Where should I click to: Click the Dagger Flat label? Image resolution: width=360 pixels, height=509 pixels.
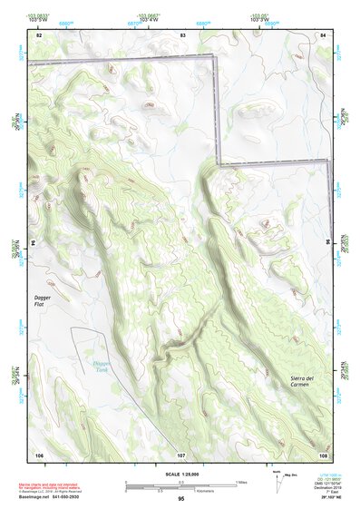coord(44,300)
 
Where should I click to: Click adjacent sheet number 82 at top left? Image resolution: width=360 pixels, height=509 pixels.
coord(39,34)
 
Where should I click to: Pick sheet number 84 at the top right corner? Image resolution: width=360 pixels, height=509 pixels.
coord(323,34)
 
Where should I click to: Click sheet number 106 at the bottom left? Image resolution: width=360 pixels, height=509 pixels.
coord(39,454)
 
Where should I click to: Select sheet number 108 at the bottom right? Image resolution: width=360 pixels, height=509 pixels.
coord(323,454)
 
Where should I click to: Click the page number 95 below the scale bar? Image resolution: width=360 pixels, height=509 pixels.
coord(180,498)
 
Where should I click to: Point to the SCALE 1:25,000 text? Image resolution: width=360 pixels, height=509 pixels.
coord(180,474)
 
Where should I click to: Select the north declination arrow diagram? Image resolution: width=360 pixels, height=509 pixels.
coord(276,481)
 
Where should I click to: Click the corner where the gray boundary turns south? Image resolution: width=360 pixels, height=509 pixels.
coord(218,58)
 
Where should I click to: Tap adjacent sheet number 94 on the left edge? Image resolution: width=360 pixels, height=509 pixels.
coord(32,243)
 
